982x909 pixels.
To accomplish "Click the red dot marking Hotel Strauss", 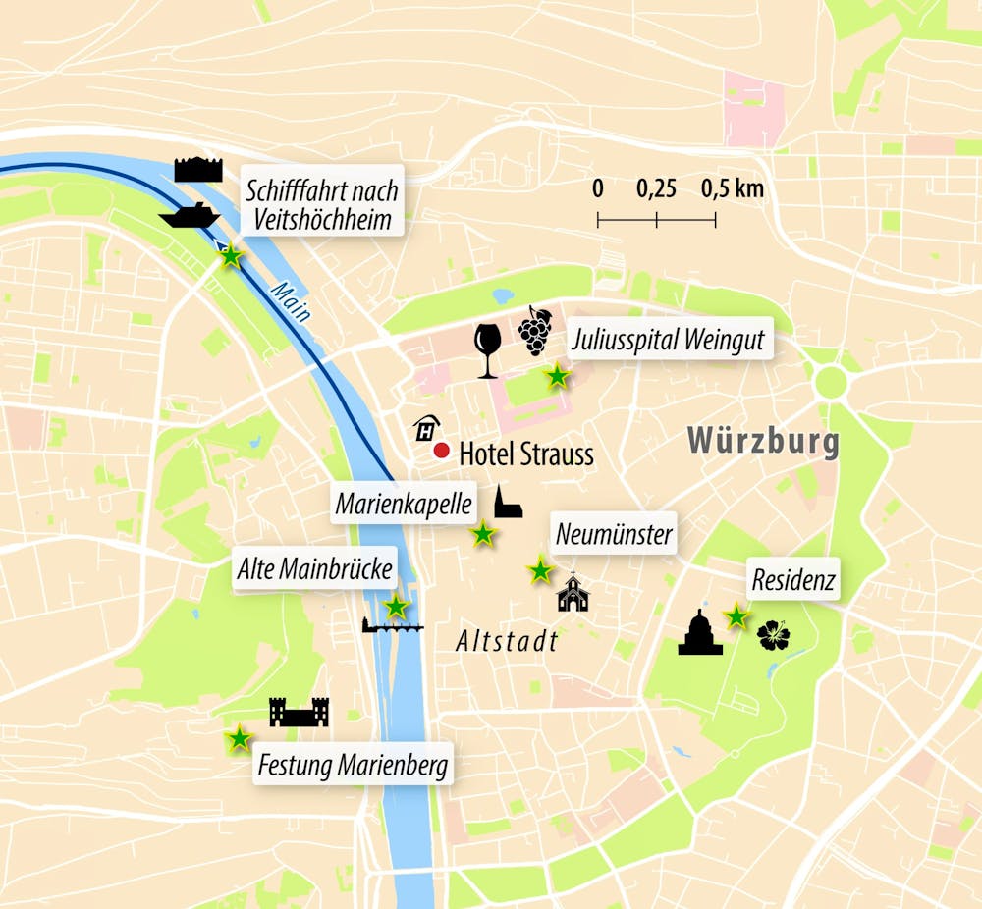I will tap(441, 451).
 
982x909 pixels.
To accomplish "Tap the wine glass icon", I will tap(487, 349).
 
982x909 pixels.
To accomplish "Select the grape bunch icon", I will tap(535, 331).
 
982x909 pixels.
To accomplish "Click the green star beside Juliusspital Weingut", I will tap(557, 375).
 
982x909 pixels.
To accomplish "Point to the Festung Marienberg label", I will tap(354, 765).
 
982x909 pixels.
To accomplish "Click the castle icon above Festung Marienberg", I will tap(299, 713).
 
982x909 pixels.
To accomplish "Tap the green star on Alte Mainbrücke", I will tap(395, 606).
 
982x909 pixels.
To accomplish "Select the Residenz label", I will tap(793, 580).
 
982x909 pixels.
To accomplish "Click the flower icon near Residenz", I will tap(773, 637).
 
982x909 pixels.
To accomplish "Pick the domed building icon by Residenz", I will tap(700, 633).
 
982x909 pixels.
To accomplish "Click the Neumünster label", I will tap(614, 534).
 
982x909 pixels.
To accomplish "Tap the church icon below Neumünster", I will tap(573, 593).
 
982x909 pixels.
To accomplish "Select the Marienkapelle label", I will tap(404, 505).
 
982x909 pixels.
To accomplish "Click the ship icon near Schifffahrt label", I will tap(189, 215).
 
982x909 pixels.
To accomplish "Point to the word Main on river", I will tap(292, 302).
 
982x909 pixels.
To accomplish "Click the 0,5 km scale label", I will tap(732, 189).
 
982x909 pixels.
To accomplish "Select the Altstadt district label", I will tap(507, 641).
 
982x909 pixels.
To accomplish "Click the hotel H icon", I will tap(426, 428).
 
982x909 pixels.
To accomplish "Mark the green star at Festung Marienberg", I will tap(238, 739).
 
